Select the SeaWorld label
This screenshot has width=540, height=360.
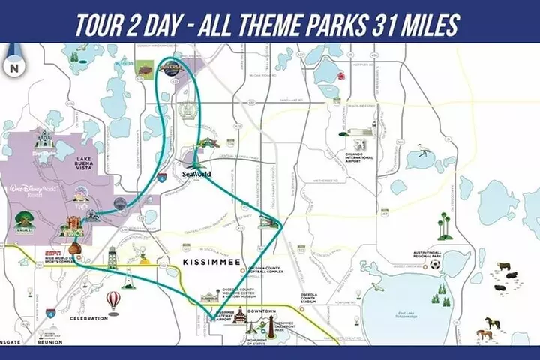point(197,175)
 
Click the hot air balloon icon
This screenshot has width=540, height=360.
point(112,301)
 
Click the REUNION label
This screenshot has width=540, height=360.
point(49,342)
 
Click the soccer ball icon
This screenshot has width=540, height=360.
point(435,264)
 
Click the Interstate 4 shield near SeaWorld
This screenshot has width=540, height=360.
point(162,179)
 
